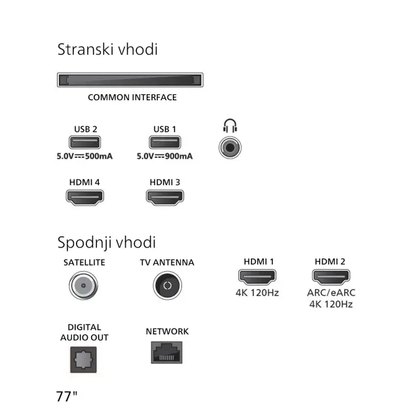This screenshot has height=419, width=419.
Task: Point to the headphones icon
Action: click(229, 124)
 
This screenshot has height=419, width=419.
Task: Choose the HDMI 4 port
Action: click(85, 198)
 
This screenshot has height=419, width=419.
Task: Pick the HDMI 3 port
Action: click(165, 198)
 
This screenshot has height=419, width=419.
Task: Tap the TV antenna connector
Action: click(167, 286)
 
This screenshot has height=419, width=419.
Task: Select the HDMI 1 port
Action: click(258, 276)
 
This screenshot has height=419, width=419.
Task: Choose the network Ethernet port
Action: click(167, 354)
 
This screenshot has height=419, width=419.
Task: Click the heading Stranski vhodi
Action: click(107, 49)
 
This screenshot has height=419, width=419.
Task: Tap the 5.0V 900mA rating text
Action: click(164, 156)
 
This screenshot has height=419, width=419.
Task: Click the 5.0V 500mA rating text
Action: click(85, 156)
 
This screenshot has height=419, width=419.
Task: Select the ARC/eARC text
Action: click(330, 293)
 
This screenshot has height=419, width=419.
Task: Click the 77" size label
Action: click(67, 397)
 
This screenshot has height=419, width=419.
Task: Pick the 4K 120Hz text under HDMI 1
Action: click(257, 293)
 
